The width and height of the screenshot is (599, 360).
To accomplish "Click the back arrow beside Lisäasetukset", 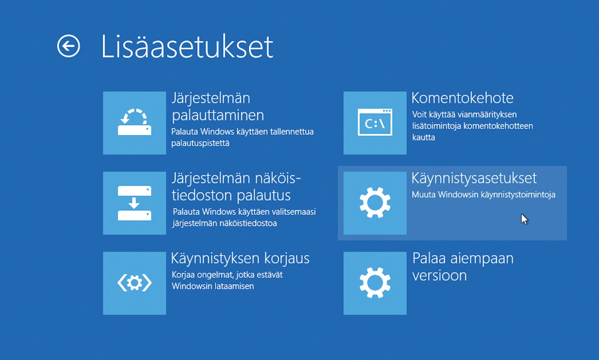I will (x=69, y=46).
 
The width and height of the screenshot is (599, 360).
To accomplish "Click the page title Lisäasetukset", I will (x=187, y=47).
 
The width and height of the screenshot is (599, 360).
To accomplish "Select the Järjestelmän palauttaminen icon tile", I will (x=135, y=123).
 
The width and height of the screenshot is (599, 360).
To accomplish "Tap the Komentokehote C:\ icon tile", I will (x=375, y=123).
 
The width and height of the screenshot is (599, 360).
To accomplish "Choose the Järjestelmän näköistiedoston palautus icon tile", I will (x=135, y=203).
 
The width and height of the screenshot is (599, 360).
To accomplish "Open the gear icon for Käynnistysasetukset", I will (x=375, y=203).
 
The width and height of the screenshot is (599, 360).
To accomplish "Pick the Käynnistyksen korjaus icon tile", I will (x=135, y=283).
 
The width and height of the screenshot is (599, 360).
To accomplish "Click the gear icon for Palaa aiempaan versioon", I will (x=375, y=283).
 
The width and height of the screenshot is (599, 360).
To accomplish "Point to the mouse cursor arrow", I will (x=524, y=219).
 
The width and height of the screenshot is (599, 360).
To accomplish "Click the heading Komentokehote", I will (x=462, y=98).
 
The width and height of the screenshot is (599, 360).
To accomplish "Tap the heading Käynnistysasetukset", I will (x=474, y=178).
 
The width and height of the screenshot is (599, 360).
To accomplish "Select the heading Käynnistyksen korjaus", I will (x=240, y=258).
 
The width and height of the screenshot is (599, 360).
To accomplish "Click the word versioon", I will (x=439, y=275).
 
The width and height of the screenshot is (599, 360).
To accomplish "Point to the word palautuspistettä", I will (x=200, y=143).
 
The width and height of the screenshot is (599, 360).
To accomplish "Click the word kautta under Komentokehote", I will (x=424, y=137).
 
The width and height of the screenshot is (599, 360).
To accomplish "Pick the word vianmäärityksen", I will (x=487, y=115).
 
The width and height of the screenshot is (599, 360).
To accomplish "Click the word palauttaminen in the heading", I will (x=218, y=115).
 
